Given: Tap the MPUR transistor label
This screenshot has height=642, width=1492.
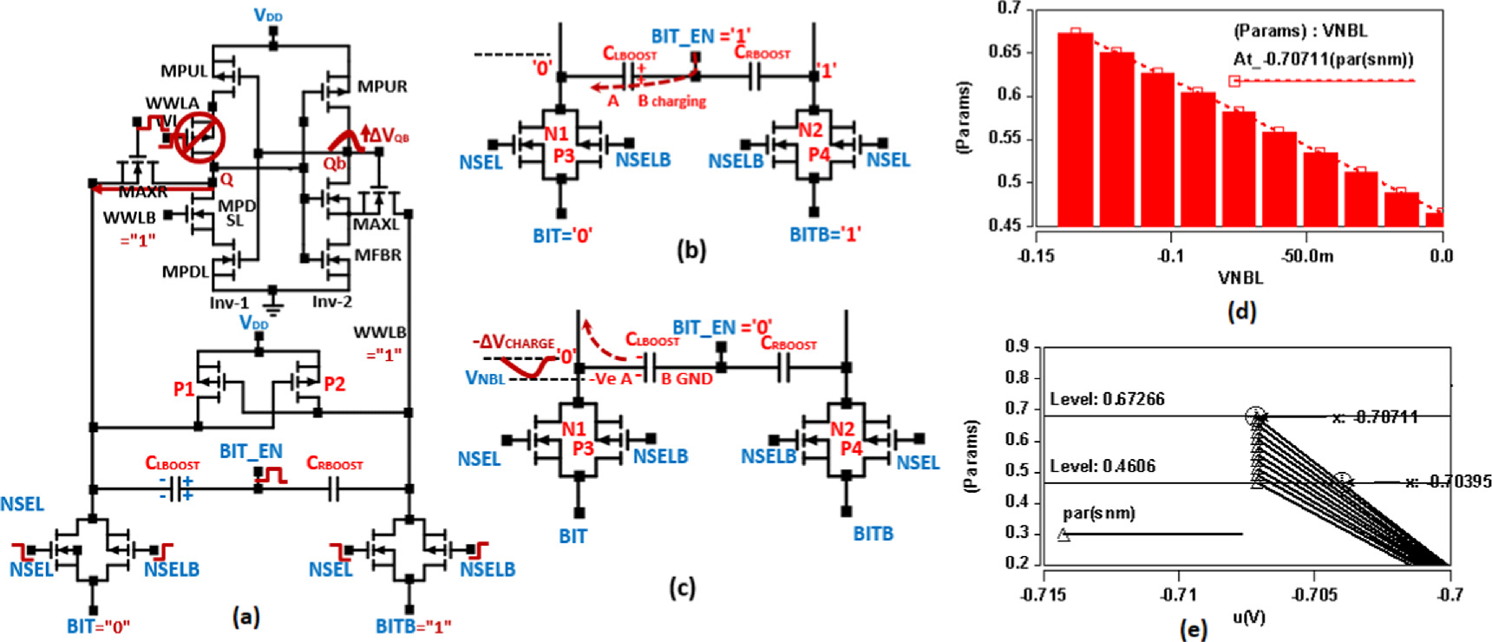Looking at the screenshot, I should (x=382, y=86).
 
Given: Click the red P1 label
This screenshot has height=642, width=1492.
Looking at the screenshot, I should (x=184, y=389).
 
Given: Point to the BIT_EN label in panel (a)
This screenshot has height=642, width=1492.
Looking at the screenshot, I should (x=251, y=451).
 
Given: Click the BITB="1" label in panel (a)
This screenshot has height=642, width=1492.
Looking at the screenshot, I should (x=413, y=626).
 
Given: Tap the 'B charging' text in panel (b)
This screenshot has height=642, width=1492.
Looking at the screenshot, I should (x=671, y=102).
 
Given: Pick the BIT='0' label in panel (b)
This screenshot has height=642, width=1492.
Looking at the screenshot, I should (x=562, y=235).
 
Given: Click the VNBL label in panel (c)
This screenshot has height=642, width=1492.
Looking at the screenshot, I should (x=485, y=378).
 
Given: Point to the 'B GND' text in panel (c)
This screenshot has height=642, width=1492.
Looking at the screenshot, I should (x=687, y=378).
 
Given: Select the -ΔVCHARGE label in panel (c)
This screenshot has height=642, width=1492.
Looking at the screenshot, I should (x=513, y=343).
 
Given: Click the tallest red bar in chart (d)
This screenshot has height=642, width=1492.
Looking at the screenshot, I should (x=1075, y=129).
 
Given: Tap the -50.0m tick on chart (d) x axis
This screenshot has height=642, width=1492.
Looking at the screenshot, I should (x=1307, y=256).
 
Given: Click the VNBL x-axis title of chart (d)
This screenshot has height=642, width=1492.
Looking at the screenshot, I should (x=1240, y=278).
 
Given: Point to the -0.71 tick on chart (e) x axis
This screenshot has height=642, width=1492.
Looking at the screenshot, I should (x=1178, y=594).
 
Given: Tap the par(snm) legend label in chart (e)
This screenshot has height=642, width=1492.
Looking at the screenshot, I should (x=1098, y=514).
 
